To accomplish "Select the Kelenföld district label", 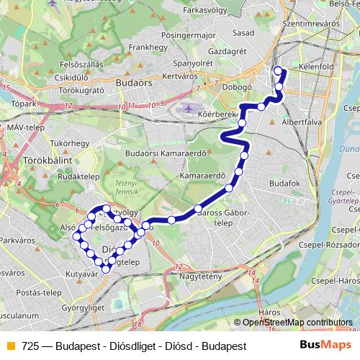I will click(x=314, y=67).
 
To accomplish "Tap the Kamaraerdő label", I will click(x=203, y=175).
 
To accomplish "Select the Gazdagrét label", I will click(x=227, y=53).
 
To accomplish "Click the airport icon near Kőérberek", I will click(x=189, y=109).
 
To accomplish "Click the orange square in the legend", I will click(x=10, y=346).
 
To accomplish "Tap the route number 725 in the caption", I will click(x=30, y=346).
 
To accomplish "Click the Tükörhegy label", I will click(x=69, y=143).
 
